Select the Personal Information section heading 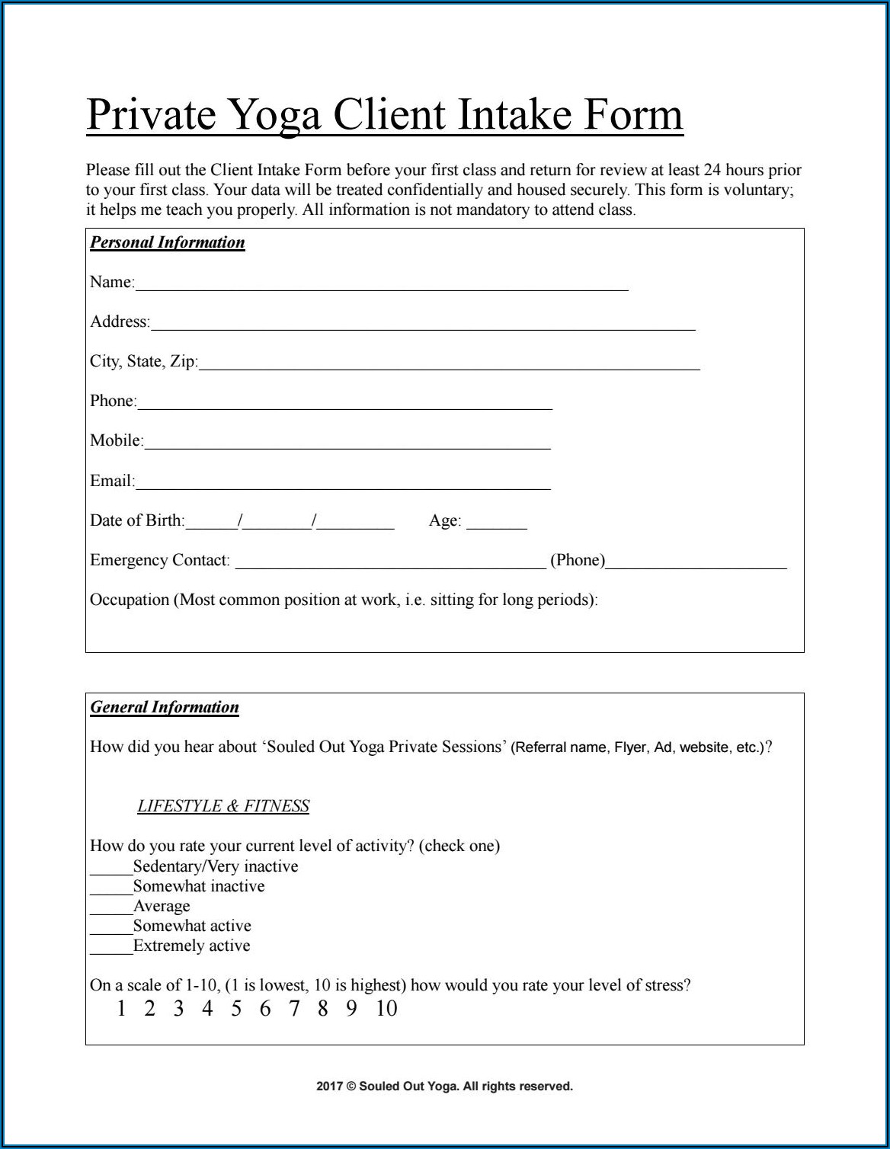168,242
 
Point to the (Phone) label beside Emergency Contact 578,560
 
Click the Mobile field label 116,440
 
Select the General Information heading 165,707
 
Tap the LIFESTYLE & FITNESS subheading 223,806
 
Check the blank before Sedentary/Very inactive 111,869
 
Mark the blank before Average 111,908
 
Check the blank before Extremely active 111,948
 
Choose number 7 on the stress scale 293,1009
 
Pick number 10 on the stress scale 386,1009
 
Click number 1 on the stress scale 121,1009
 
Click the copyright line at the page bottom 444,1087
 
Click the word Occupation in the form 130,600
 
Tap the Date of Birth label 137,520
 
